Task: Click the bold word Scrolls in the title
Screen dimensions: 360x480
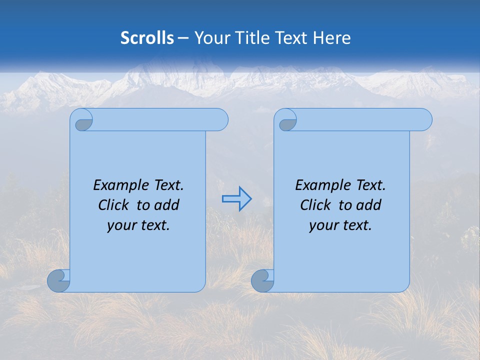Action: coord(147,38)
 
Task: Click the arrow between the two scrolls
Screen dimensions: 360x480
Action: coord(236,199)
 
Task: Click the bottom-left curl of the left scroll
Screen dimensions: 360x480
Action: coord(58,281)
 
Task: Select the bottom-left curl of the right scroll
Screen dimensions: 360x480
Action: coord(262,281)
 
